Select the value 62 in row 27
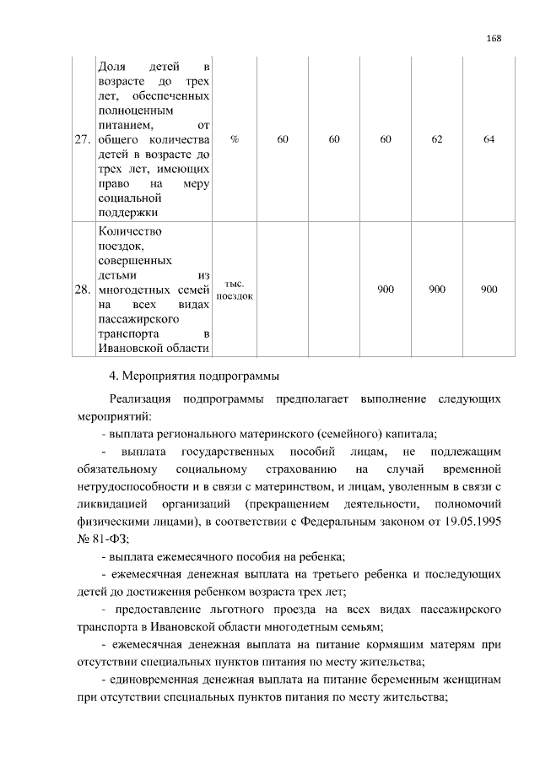[x=437, y=140]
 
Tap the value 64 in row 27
[x=489, y=140]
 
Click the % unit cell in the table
[x=234, y=140]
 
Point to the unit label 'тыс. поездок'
[x=235, y=290]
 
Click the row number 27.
[x=83, y=140]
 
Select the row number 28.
[x=83, y=290]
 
